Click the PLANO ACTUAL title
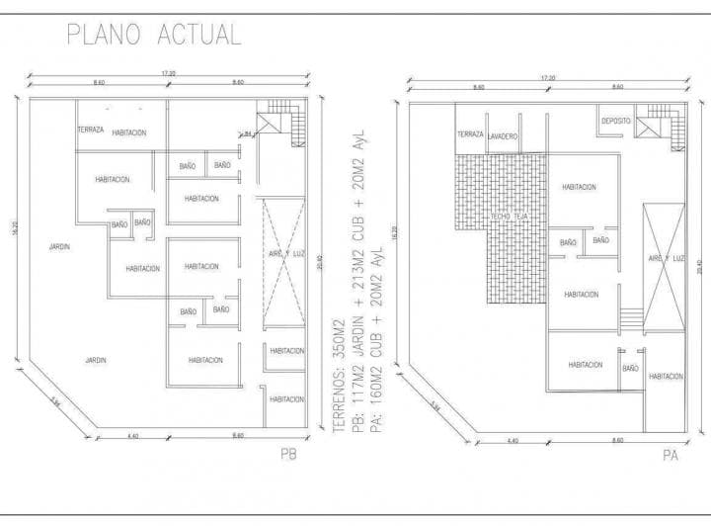click(x=153, y=35)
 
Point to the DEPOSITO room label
click(x=615, y=122)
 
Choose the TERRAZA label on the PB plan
click(x=91, y=131)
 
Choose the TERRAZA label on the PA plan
click(x=470, y=134)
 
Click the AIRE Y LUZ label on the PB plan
click(x=284, y=254)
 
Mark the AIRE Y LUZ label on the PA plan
click(x=666, y=258)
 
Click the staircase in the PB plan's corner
click(x=283, y=122)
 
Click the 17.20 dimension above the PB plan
click(x=168, y=73)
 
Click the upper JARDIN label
click(x=60, y=247)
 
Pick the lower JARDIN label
click(x=95, y=359)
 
